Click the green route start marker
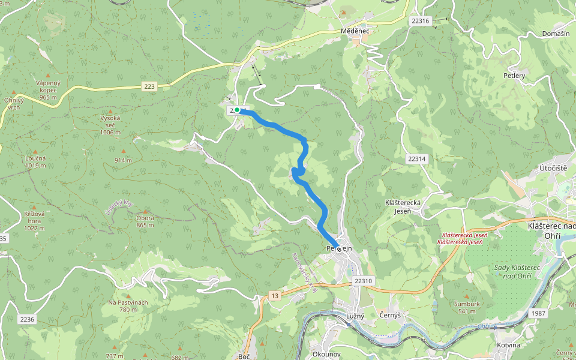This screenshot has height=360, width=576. click(x=237, y=110)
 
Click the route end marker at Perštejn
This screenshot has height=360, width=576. click(x=339, y=249)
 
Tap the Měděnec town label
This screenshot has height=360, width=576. click(x=354, y=30)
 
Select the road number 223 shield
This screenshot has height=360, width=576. click(x=149, y=87)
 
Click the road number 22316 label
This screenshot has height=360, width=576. click(x=421, y=20)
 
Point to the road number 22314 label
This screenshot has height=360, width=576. click(x=416, y=159)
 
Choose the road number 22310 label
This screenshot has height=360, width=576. click(x=364, y=281)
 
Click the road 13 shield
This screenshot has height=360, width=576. click(x=275, y=296)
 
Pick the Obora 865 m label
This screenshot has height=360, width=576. click(x=145, y=221)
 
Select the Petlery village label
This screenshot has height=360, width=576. click(x=514, y=76)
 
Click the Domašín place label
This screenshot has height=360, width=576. click(x=555, y=34)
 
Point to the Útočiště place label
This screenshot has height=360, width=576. click(x=553, y=168)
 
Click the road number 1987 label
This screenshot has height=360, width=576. click(x=538, y=314)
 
